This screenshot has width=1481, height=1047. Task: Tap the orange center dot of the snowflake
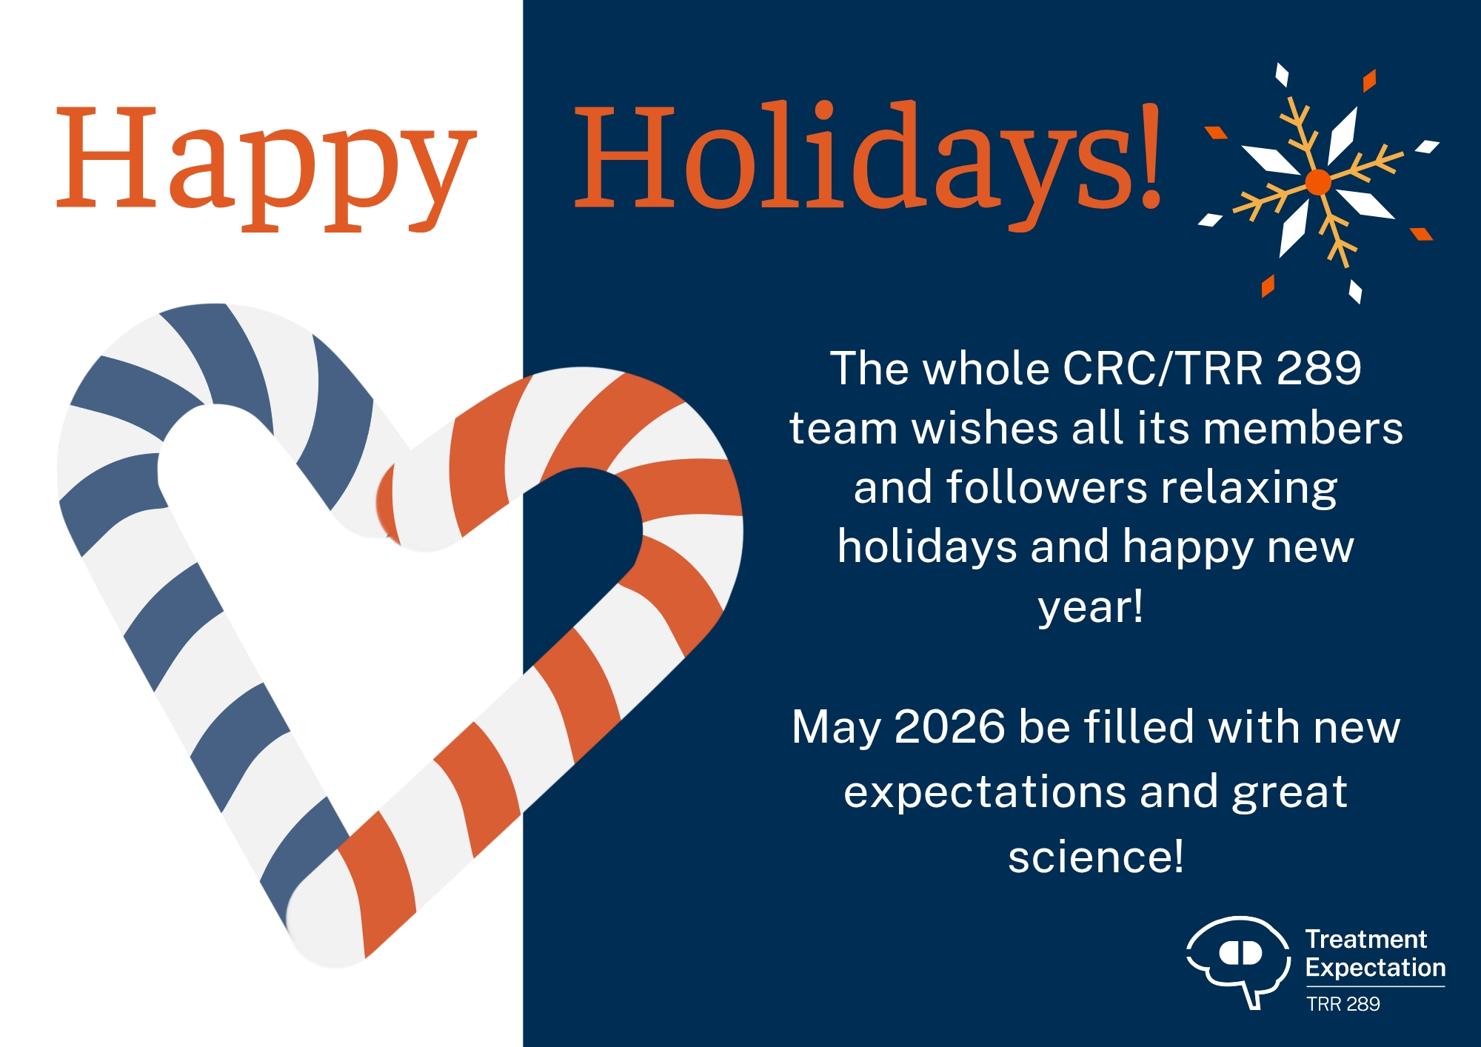(1318, 181)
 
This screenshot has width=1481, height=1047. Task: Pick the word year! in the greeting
(1091, 607)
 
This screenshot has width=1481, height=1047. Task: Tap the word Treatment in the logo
(1365, 939)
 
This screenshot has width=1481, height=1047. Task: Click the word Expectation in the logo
(1375, 968)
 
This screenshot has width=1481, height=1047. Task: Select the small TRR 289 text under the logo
(1343, 1004)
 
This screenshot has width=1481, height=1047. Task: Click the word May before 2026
(837, 729)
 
